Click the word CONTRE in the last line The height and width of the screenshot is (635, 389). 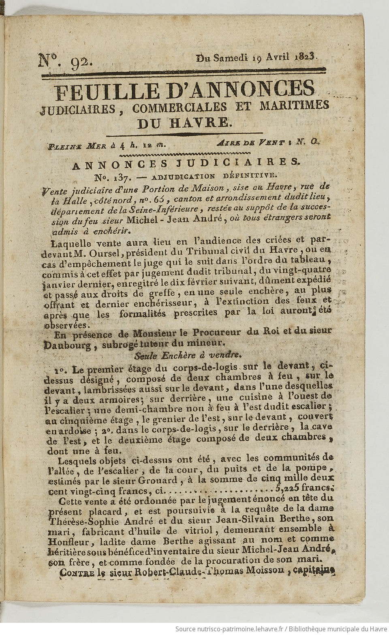coord(78,573)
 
